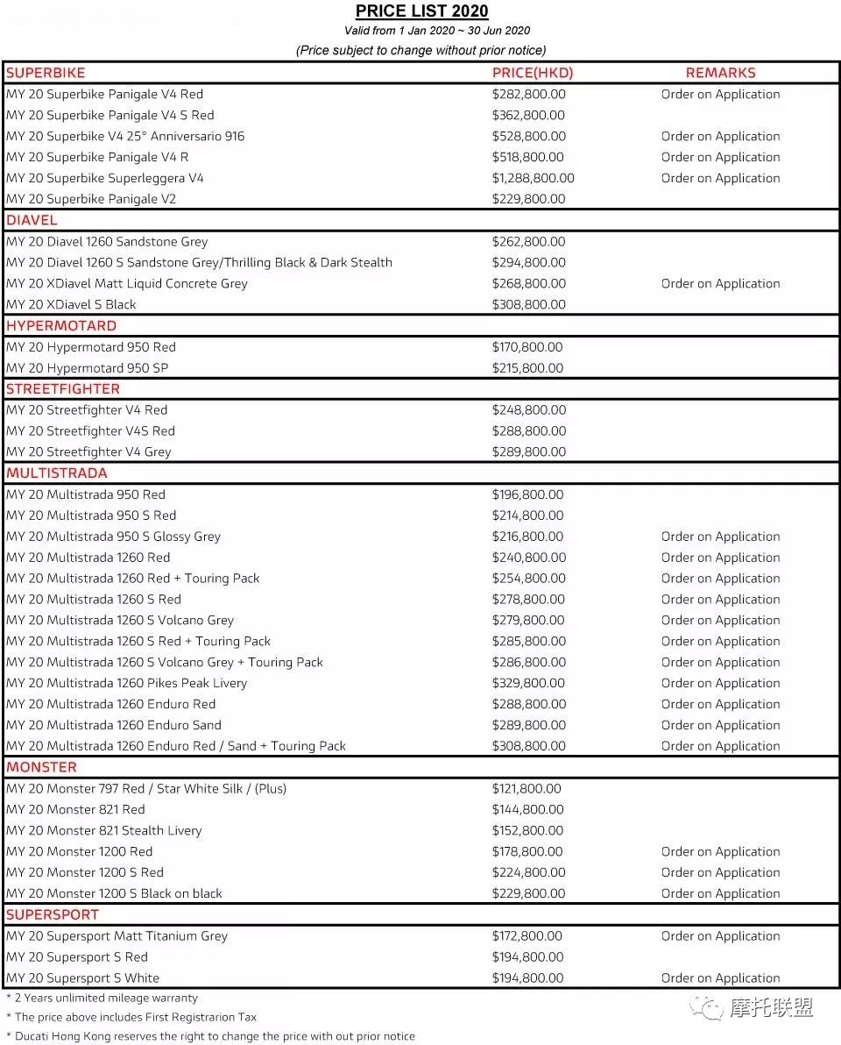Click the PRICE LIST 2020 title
pos(421,11)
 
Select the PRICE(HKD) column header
pos(533,73)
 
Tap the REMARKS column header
pos(720,73)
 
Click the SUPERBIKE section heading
pos(46,73)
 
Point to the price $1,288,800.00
pos(533,178)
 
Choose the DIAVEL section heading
pos(32,220)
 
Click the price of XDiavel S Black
pos(528,304)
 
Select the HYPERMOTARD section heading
pos(61,325)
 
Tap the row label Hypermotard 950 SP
pos(88,368)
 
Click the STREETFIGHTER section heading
pos(63,388)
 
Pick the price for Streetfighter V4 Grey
pos(528,451)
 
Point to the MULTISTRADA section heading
pos(57,473)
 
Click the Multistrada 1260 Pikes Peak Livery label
pos(127,683)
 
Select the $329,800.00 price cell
pos(528,683)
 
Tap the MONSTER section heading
pos(42,767)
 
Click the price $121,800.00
pos(527,788)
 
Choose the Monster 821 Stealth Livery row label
pos(104,830)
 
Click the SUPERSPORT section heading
pos(53,914)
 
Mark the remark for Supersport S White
pos(720,977)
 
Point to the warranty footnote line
pos(102,998)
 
